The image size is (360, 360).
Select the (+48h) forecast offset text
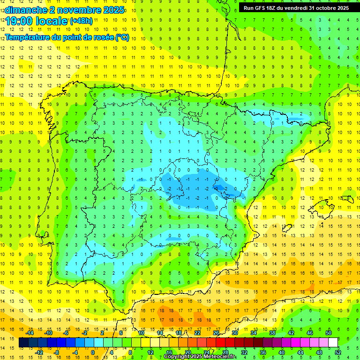click(x=81, y=21)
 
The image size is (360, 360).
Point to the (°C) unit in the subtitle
click(x=122, y=37)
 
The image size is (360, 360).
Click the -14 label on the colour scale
click(x=30, y=333)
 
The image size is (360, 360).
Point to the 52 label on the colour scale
click(x=338, y=352)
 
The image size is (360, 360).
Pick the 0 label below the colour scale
click(x=93, y=352)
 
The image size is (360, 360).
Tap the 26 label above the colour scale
click(x=216, y=333)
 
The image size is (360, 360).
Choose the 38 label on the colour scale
click(x=272, y=333)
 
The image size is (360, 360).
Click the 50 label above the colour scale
click(x=329, y=333)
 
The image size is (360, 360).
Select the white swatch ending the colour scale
click(x=333, y=343)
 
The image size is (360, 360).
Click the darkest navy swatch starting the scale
click(x=23, y=343)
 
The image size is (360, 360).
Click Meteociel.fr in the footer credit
click(x=220, y=357)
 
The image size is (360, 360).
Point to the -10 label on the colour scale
click(x=48, y=333)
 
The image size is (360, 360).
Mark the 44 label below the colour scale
click(x=300, y=352)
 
